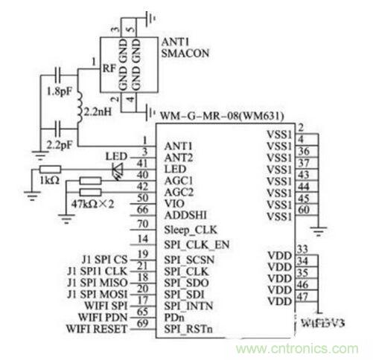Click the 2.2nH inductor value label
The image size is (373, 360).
pos(99,110)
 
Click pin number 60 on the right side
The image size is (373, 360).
pos(302,210)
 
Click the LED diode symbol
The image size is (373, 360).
pos(116,170)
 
